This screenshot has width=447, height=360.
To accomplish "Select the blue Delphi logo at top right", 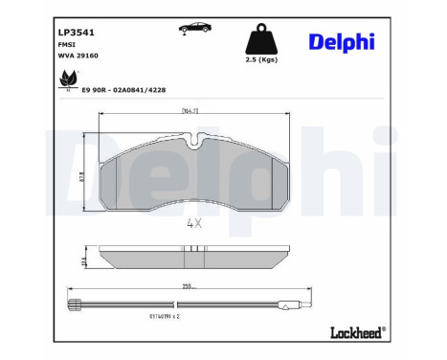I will [x=341, y=41].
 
